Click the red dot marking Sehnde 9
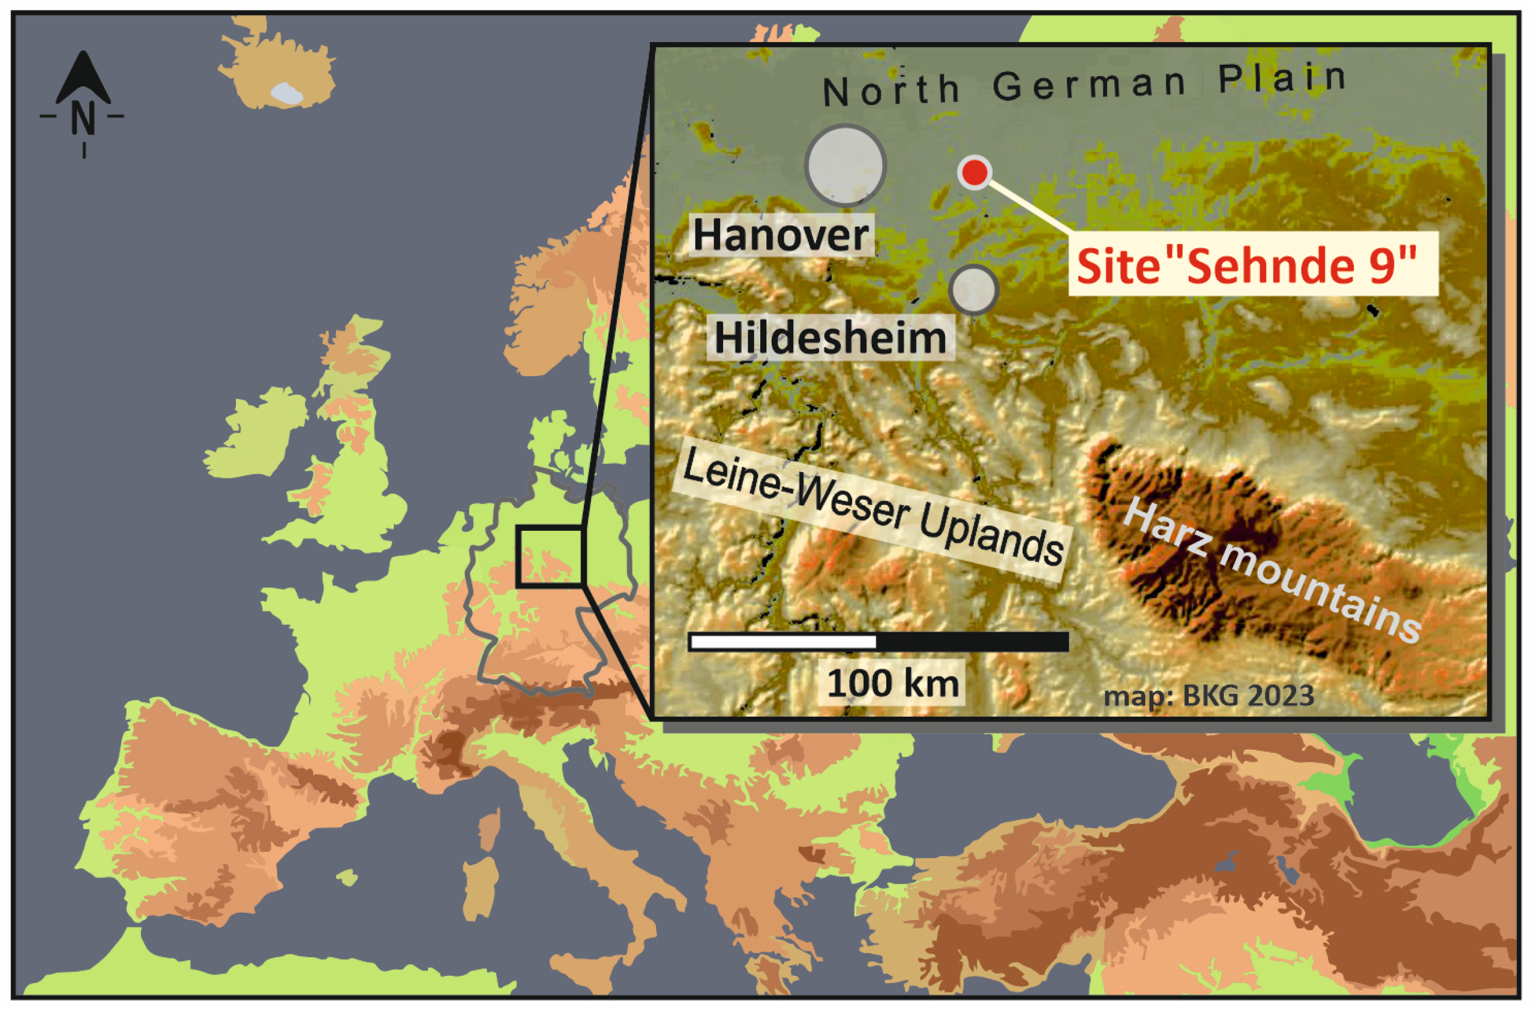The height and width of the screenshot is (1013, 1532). point(974,173)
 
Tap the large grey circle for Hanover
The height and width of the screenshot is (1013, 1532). point(845,166)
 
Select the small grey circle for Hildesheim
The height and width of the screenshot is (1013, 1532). point(973,290)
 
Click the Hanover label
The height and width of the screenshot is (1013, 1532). point(781,235)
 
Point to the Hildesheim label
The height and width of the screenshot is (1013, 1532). point(830,338)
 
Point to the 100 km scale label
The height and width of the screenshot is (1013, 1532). point(892,683)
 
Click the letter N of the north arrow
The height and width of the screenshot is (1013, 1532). point(83,118)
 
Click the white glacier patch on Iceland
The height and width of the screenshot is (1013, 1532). point(286,94)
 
